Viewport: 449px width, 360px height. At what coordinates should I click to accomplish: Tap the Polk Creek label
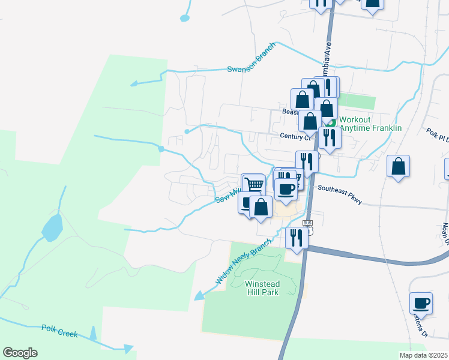[59, 331]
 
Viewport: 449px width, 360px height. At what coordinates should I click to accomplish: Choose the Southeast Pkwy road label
[339, 194]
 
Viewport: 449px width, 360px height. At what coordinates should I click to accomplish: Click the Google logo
[20, 353]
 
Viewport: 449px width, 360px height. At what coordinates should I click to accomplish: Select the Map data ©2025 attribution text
[424, 355]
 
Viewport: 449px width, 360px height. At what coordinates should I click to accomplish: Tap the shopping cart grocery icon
[254, 184]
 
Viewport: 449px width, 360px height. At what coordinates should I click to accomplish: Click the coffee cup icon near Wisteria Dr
[421, 302]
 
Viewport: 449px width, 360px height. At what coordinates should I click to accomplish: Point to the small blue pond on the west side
[51, 227]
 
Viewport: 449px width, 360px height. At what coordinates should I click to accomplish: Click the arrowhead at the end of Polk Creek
[128, 348]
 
